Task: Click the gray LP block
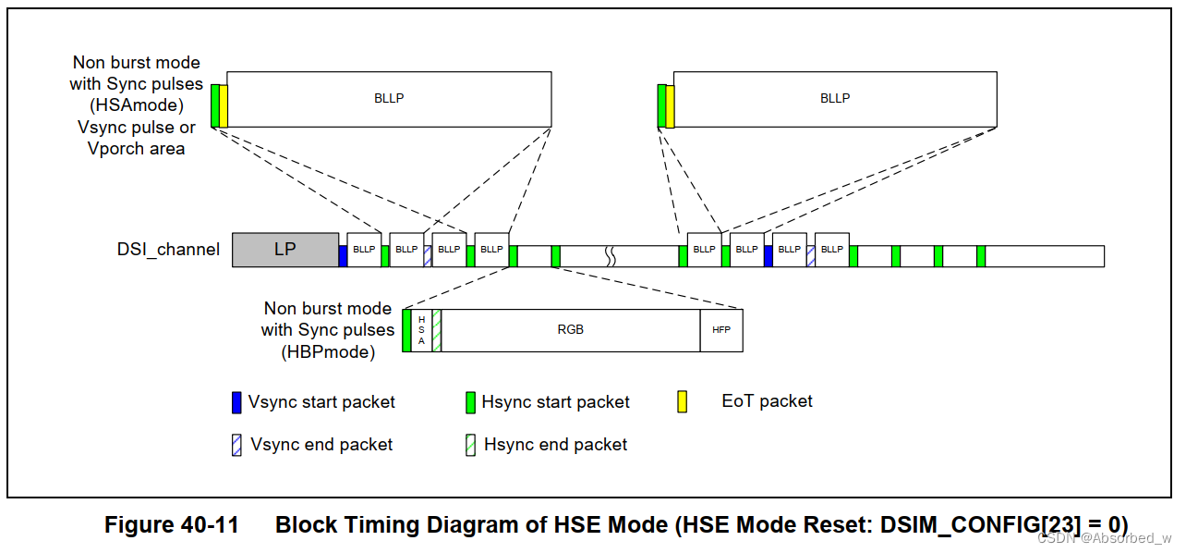point(284,250)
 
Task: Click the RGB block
point(570,330)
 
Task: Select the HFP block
point(720,330)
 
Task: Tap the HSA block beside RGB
point(421,330)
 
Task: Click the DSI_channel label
point(168,250)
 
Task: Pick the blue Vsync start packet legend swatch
point(236,402)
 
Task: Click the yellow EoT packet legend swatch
point(683,401)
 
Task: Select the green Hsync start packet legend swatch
point(470,402)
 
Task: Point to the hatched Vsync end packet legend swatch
point(236,445)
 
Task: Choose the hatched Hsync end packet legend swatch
point(470,445)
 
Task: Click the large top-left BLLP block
point(389,99)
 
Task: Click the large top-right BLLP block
point(835,99)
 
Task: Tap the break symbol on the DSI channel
point(610,256)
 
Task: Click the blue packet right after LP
point(343,256)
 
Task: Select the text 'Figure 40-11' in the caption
point(171,525)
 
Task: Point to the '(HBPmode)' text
point(328,351)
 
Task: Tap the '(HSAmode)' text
point(136,105)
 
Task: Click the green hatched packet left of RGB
point(436,330)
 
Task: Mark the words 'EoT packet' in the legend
point(767,401)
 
